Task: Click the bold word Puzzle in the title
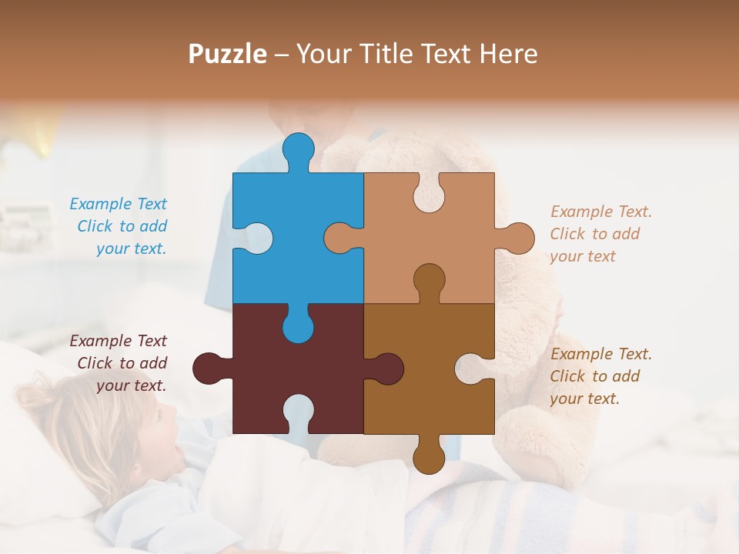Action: click(228, 54)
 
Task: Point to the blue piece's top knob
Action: click(299, 149)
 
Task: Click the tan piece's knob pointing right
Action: click(518, 238)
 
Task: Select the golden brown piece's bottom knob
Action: click(429, 457)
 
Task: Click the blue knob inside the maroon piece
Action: click(299, 325)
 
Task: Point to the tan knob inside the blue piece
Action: click(341, 238)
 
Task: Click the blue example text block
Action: click(119, 226)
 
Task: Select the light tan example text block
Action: click(600, 234)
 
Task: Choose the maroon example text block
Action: click(119, 363)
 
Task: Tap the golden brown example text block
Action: click(600, 376)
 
